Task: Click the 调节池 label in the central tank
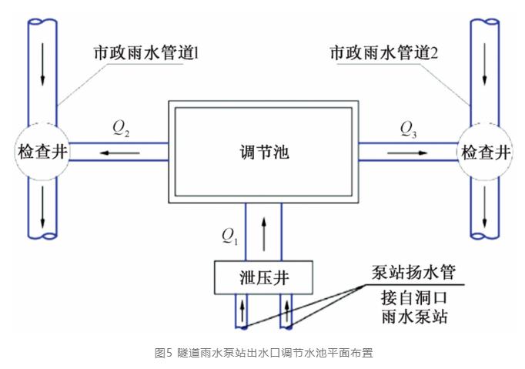pos(264,151)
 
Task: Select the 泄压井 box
pos(264,276)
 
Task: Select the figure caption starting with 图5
pos(263,353)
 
